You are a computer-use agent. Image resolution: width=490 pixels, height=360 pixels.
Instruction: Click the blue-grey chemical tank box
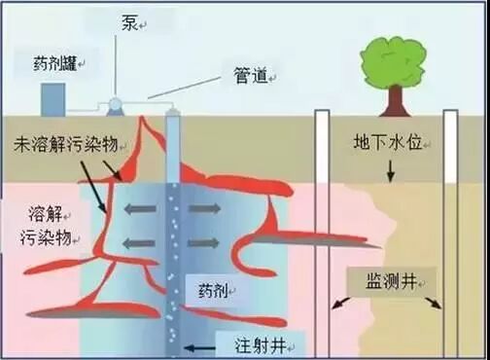click(52, 96)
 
